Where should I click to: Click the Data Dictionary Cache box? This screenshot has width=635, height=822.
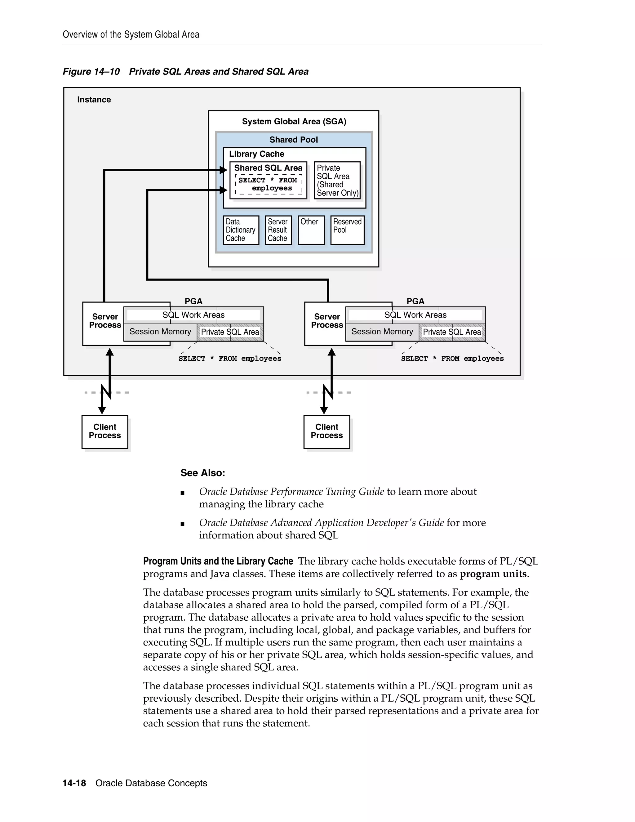pyautogui.click(x=241, y=230)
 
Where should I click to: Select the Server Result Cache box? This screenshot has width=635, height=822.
pyautogui.click(x=278, y=230)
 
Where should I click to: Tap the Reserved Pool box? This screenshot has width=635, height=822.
pyautogui.click(x=347, y=230)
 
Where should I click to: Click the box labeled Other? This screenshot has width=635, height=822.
pyautogui.click(x=311, y=230)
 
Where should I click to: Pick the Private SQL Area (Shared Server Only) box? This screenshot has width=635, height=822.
pyautogui.click(x=337, y=180)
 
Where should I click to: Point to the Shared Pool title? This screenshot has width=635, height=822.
pyautogui.click(x=293, y=140)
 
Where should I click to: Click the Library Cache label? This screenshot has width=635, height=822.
pyautogui.click(x=256, y=154)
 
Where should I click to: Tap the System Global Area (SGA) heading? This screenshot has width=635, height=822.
pyautogui.click(x=294, y=121)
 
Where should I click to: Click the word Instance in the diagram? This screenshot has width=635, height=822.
pyautogui.click(x=94, y=100)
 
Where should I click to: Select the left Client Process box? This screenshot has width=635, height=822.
pyautogui.click(x=104, y=431)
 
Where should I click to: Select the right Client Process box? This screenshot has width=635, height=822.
pyautogui.click(x=326, y=431)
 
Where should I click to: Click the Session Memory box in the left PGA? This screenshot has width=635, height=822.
pyautogui.click(x=160, y=332)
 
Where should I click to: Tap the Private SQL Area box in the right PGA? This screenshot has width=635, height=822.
pyautogui.click(x=452, y=332)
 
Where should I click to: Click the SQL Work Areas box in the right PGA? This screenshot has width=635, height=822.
pyautogui.click(x=415, y=315)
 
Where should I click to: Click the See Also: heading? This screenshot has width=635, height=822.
pyautogui.click(x=202, y=473)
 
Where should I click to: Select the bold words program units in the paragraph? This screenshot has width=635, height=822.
pyautogui.click(x=493, y=574)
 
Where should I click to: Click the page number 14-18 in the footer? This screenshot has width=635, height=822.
pyautogui.click(x=74, y=783)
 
